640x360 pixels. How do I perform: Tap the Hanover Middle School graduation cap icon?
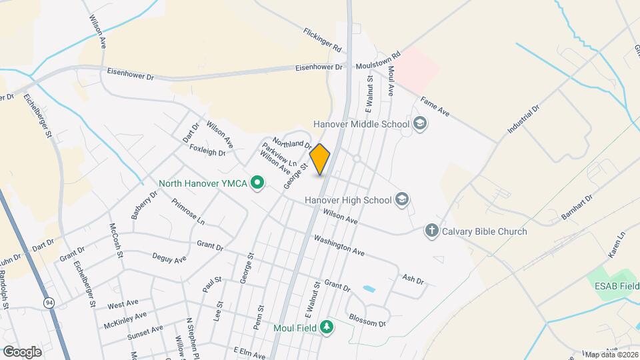[420, 123]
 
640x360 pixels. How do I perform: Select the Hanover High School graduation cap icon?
[401, 199]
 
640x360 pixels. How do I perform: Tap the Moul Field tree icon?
[326, 327]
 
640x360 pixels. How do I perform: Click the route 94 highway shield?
[49, 303]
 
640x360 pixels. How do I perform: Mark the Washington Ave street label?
[339, 245]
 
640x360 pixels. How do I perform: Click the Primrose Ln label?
[188, 211]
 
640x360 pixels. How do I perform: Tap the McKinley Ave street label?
[125, 320]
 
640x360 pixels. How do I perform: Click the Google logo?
[22, 351]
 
